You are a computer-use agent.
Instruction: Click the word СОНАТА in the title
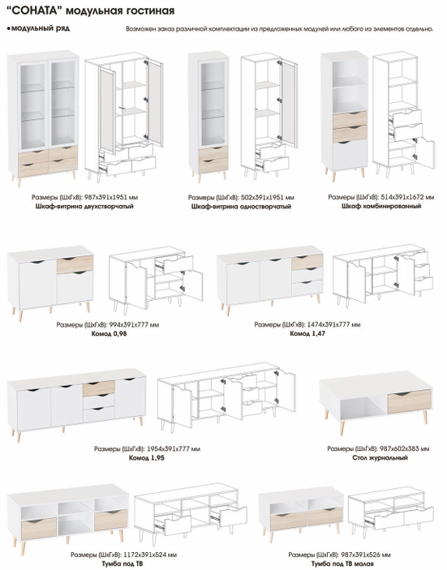pyautogui.click(x=36, y=11)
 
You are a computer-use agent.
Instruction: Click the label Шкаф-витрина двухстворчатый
pyautogui.click(x=84, y=207)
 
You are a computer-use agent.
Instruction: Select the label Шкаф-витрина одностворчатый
pyautogui.click(x=241, y=207)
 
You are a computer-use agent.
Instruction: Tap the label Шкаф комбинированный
pyautogui.click(x=381, y=206)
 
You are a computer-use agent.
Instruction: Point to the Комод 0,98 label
pyautogui.click(x=109, y=333)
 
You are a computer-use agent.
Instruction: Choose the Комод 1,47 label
pyautogui.click(x=307, y=333)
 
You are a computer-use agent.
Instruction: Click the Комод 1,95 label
pyautogui.click(x=147, y=458)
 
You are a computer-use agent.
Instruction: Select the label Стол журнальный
pyautogui.click(x=380, y=458)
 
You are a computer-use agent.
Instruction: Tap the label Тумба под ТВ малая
pyautogui.click(x=342, y=564)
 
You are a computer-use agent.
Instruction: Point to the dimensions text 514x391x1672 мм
pyautogui.click(x=407, y=197)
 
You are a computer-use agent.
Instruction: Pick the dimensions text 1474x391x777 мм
pyautogui.click(x=334, y=324)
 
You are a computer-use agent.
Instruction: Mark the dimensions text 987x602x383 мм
pyautogui.click(x=404, y=449)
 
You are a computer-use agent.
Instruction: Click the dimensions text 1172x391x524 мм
pyautogui.click(x=150, y=555)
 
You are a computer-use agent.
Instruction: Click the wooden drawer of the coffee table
pyautogui.click(x=409, y=401)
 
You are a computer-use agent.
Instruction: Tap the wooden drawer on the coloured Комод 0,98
pyautogui.click(x=75, y=264)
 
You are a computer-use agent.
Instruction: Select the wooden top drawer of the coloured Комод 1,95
pyautogui.click(x=99, y=388)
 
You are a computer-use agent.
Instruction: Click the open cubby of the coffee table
pyautogui.click(x=359, y=406)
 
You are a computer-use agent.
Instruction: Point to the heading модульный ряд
pyautogui.click(x=40, y=28)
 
